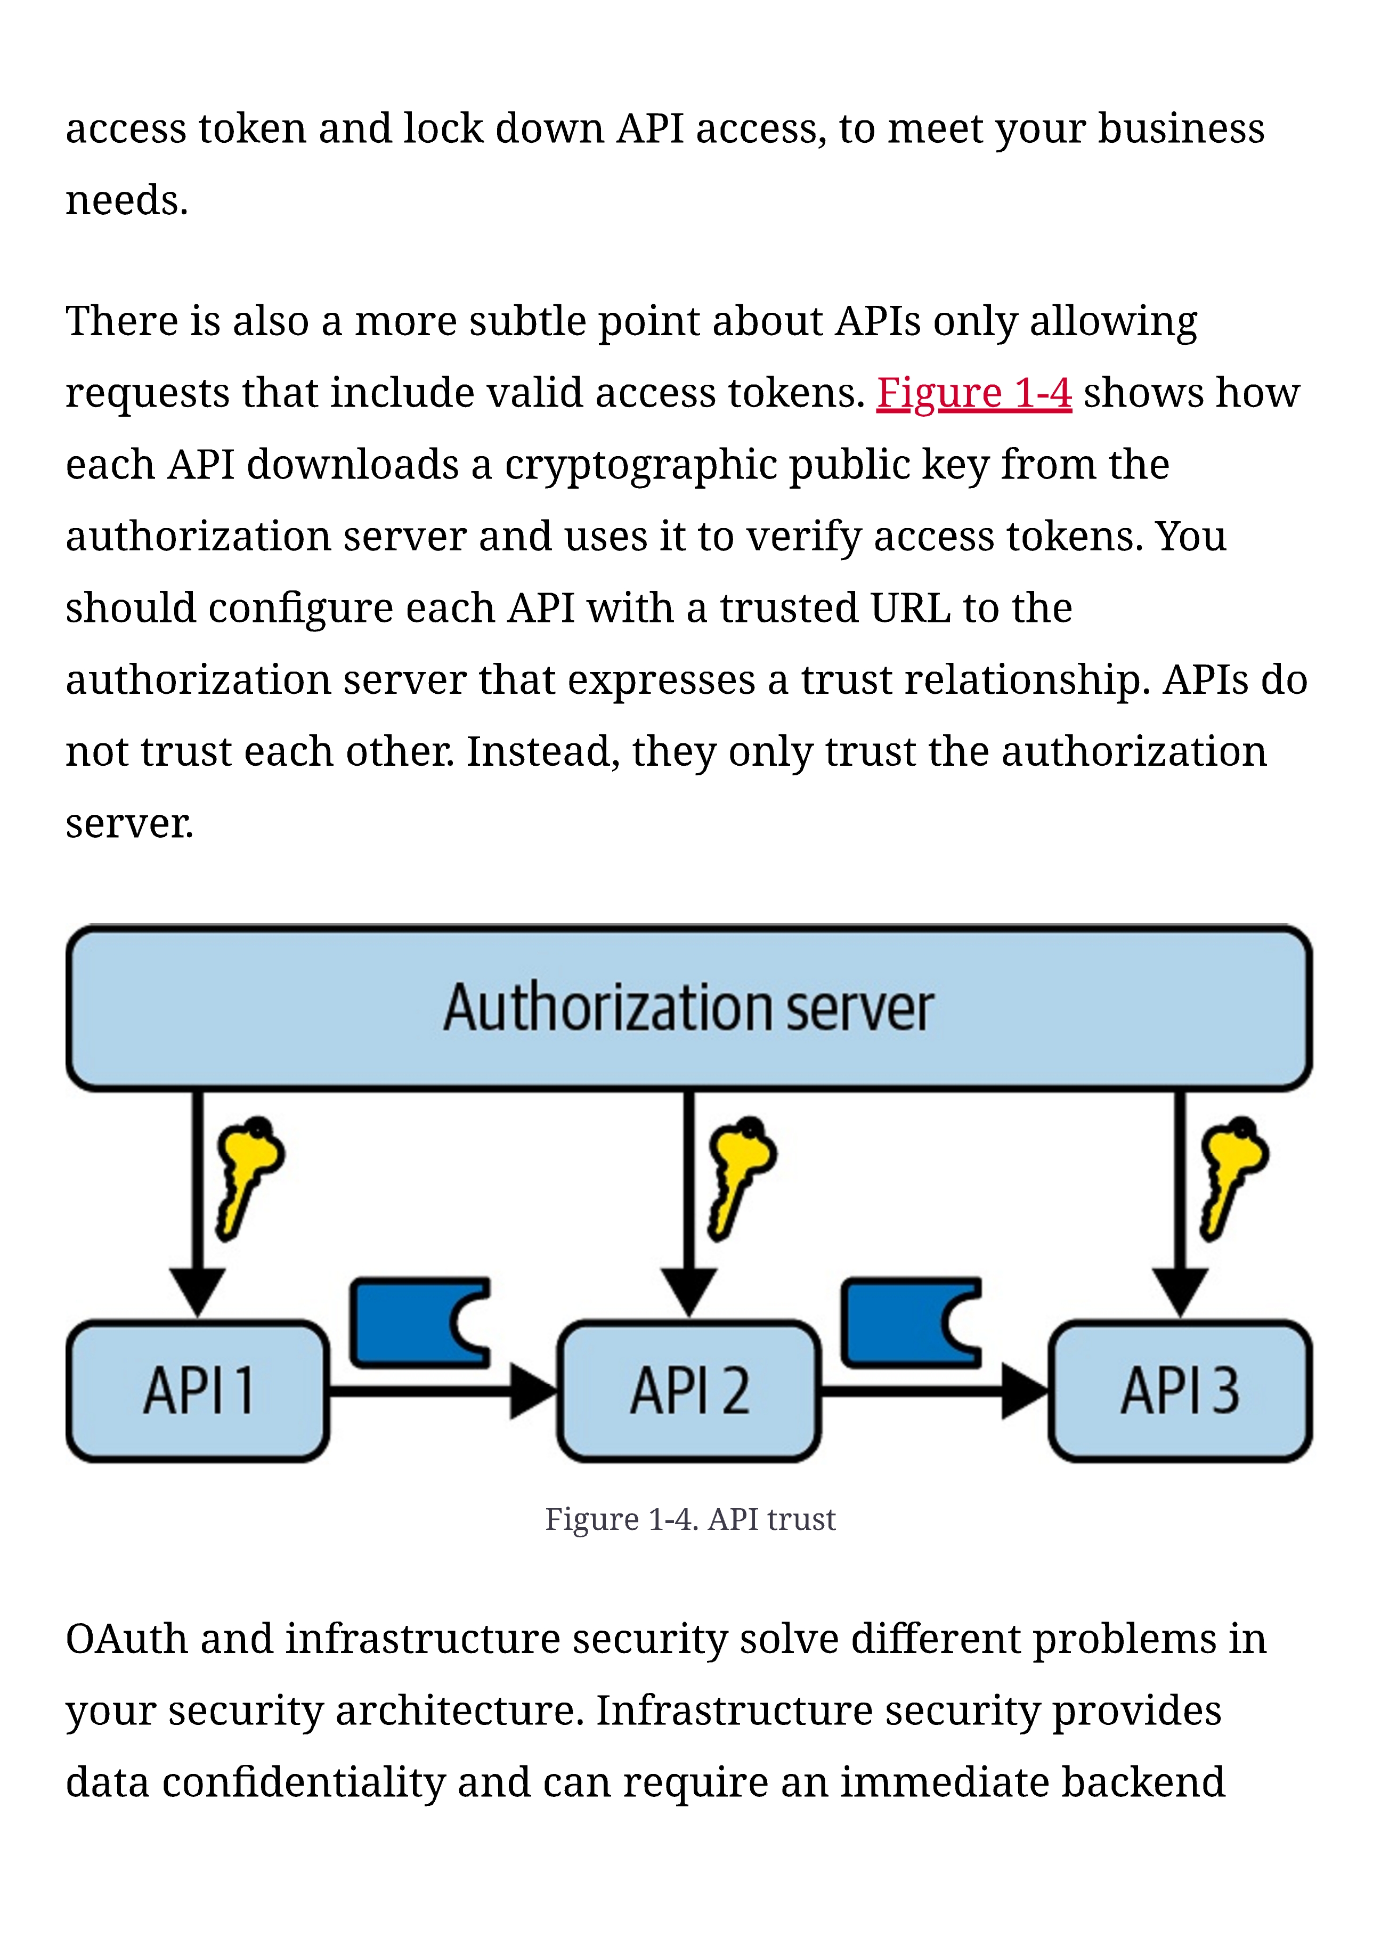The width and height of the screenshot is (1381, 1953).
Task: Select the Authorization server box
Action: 689,1008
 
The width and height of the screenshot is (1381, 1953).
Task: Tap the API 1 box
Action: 198,1391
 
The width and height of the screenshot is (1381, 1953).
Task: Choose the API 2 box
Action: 689,1391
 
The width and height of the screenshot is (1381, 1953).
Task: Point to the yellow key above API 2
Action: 740,1178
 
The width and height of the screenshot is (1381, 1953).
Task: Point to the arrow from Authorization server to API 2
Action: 689,1204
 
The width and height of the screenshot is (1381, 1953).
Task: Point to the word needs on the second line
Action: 127,201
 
